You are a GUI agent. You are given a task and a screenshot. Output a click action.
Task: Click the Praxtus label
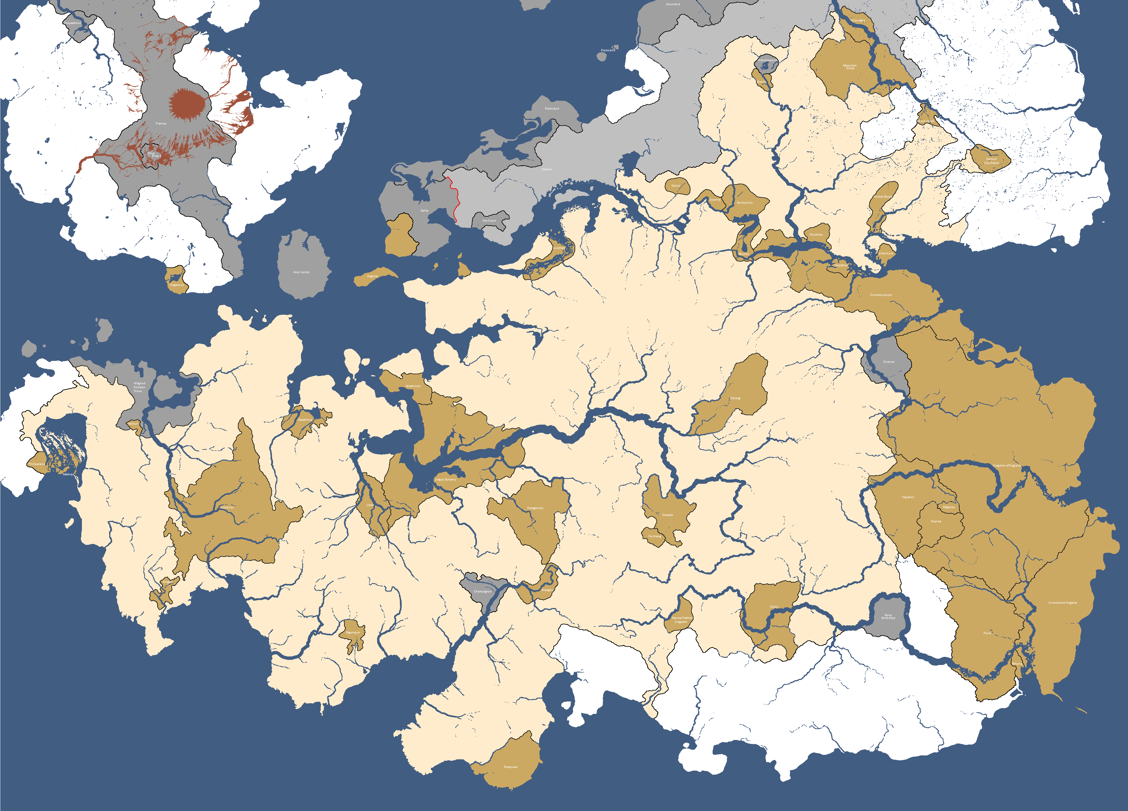(161, 124)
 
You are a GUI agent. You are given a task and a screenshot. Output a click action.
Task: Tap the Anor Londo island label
(301, 272)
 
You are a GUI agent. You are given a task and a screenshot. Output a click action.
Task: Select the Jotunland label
(673, 4)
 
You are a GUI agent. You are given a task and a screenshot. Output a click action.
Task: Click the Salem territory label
(676, 185)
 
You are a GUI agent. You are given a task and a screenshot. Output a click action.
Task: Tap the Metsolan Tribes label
(850, 67)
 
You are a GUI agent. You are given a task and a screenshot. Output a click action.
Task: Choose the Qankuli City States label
(991, 161)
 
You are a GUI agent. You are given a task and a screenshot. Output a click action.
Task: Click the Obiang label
(735, 398)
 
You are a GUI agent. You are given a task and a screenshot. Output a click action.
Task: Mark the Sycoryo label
(888, 362)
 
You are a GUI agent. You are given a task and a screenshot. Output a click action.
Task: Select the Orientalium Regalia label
(1063, 602)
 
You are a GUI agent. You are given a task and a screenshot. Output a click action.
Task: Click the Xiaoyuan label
(511, 767)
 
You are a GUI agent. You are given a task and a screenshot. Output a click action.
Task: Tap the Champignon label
(482, 592)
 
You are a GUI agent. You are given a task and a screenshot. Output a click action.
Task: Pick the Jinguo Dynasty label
(446, 480)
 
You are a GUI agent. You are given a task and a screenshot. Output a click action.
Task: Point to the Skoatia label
(667, 515)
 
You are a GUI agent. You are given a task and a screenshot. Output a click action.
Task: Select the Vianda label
(936, 521)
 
